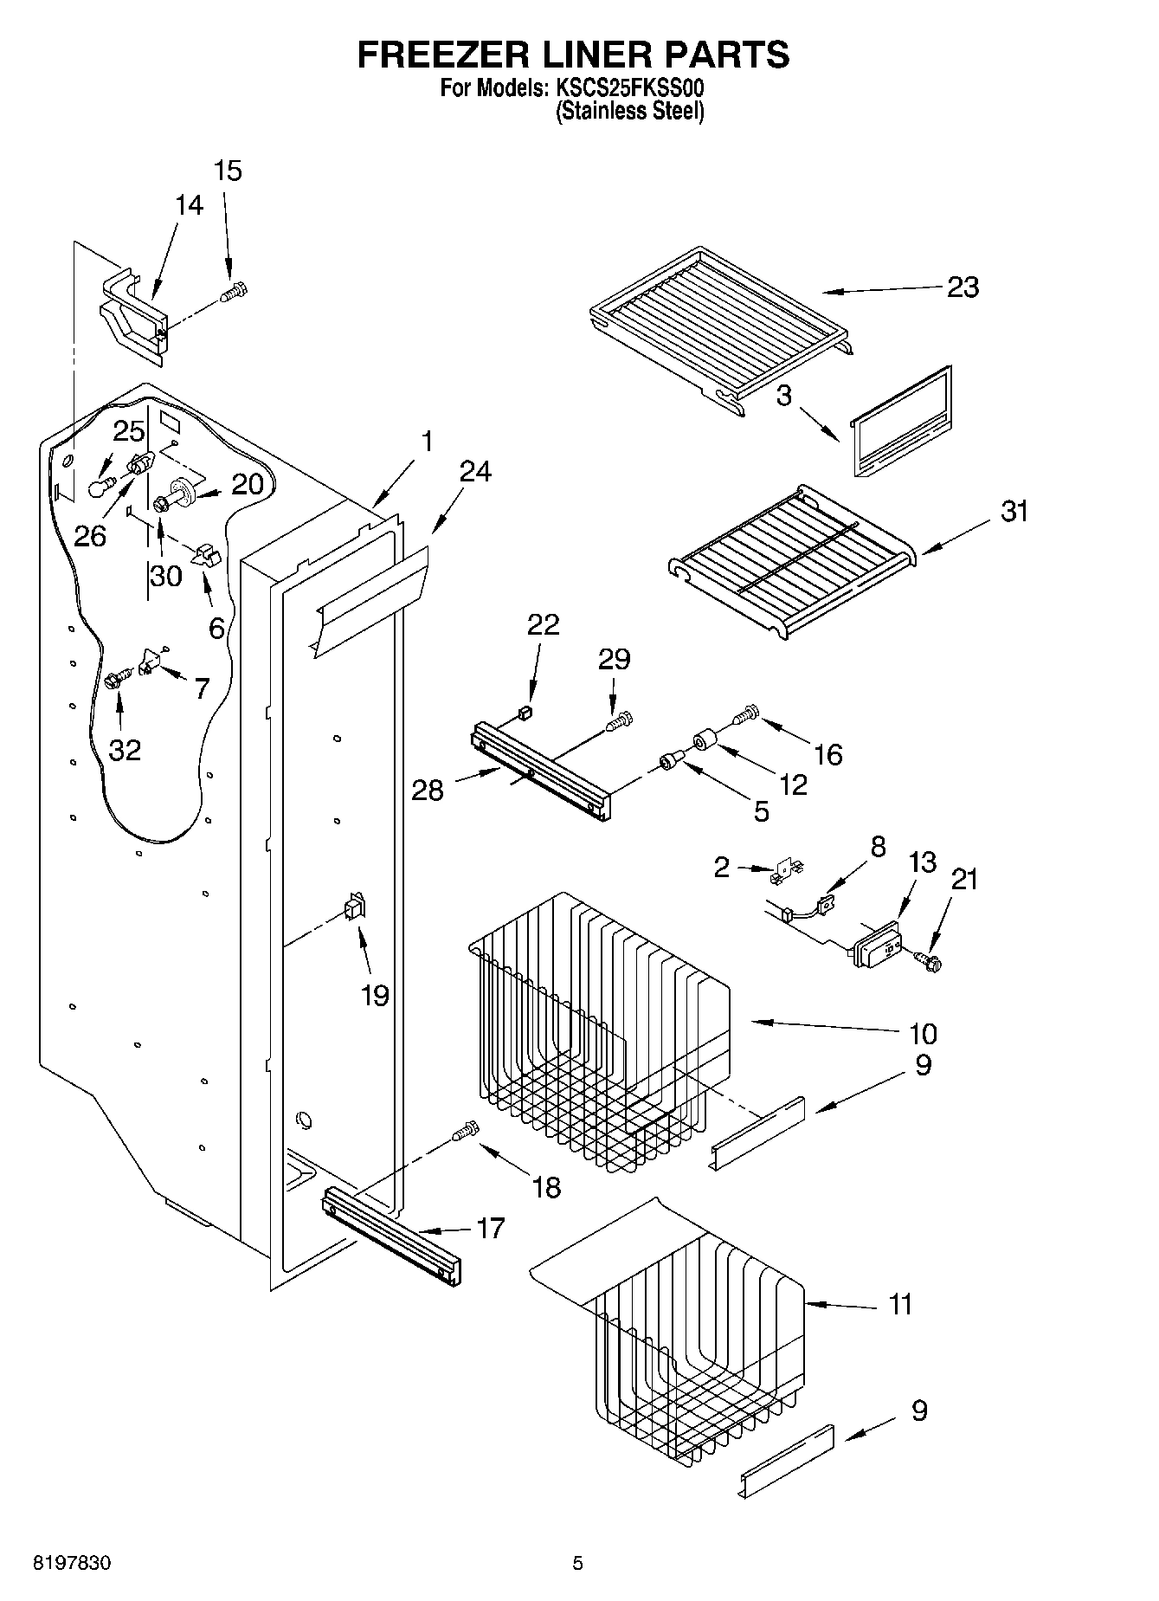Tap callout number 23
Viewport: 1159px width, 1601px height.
pyautogui.click(x=963, y=287)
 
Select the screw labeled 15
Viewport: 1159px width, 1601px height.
pyautogui.click(x=233, y=294)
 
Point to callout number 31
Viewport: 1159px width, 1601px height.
pyautogui.click(x=1014, y=511)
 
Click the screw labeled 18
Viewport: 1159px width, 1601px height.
pyautogui.click(x=465, y=1132)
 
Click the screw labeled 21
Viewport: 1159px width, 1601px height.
pyautogui.click(x=931, y=959)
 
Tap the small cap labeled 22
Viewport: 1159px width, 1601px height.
pyautogui.click(x=523, y=713)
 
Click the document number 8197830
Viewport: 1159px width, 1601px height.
pyautogui.click(x=71, y=1563)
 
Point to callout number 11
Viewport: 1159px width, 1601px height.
pyautogui.click(x=900, y=1304)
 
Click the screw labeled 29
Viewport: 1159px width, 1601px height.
pyautogui.click(x=621, y=720)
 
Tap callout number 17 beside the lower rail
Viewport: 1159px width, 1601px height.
pyautogui.click(x=490, y=1228)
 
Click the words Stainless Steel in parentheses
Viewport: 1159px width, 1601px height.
pyautogui.click(x=629, y=112)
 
